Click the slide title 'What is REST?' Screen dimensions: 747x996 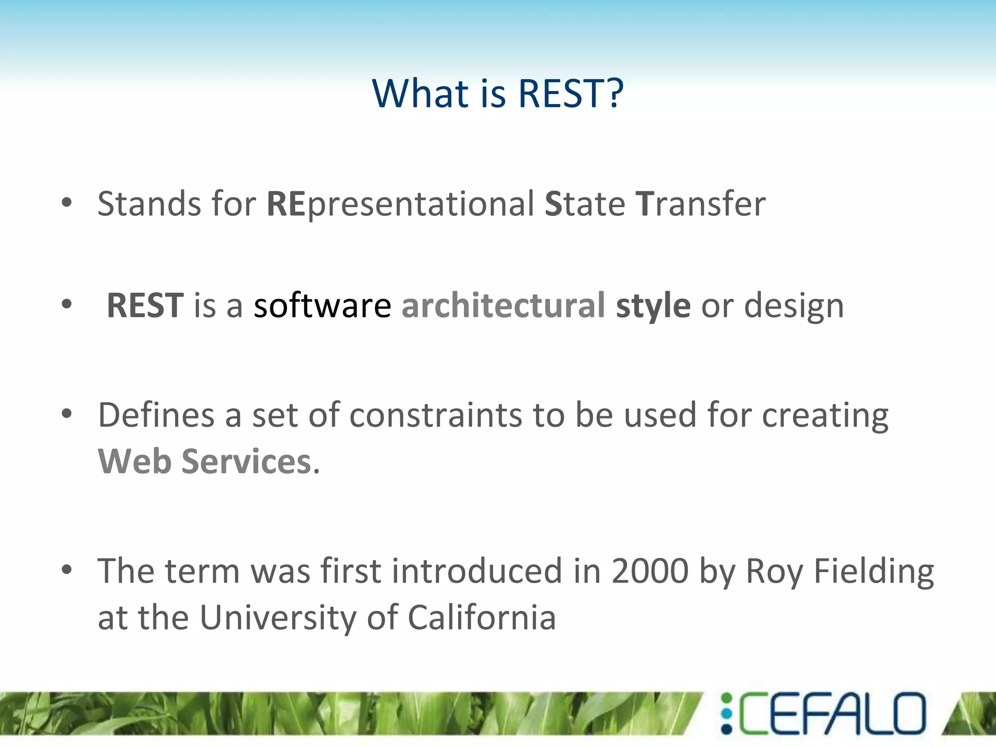(x=498, y=93)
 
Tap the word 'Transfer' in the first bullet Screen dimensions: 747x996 (x=700, y=204)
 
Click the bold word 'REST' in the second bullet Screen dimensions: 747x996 (x=145, y=306)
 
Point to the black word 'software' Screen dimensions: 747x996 (x=322, y=306)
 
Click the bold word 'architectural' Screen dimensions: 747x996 (x=503, y=306)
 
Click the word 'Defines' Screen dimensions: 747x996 (x=156, y=415)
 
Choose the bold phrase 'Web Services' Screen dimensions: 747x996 (x=204, y=462)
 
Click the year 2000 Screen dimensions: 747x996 (x=649, y=571)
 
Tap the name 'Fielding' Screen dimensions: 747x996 (x=873, y=571)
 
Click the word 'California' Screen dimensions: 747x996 (x=481, y=618)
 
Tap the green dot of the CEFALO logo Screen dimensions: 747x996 (x=727, y=699)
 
